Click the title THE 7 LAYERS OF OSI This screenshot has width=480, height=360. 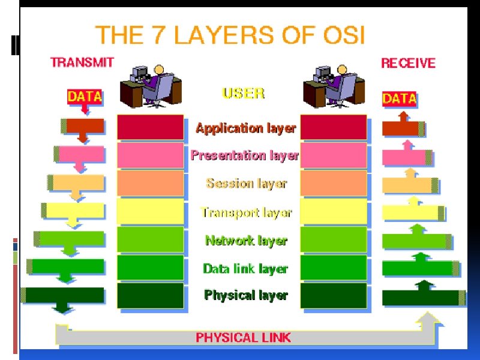230,35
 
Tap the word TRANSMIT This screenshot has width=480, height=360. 82,62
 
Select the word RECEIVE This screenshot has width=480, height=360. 408,63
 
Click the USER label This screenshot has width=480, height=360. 243,93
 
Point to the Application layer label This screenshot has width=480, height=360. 245,128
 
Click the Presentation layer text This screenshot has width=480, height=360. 244,155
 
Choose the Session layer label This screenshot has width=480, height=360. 246,184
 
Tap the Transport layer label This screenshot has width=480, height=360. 246,212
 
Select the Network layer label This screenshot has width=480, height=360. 246,241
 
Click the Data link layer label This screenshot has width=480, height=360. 245,269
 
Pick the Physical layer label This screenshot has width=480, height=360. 246,295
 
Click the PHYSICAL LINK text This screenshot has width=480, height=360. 243,337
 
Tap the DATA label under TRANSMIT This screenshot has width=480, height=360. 85,97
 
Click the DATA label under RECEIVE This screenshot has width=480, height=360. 399,98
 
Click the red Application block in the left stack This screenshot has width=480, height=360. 150,127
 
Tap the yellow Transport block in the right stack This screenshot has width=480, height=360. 334,212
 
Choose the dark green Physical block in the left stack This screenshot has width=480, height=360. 150,295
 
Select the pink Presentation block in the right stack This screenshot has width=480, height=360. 334,155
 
